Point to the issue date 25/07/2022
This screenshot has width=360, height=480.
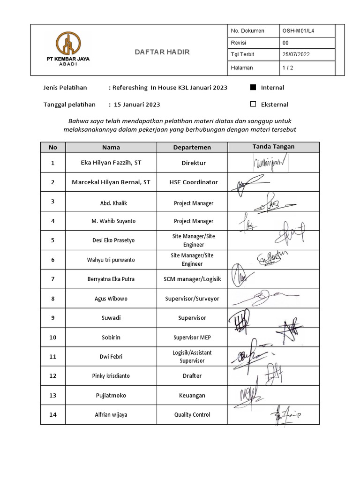pos(296,55)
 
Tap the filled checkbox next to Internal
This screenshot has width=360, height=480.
pos(253,87)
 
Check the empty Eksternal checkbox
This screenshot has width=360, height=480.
pos(253,104)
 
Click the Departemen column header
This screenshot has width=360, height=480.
pos(192,147)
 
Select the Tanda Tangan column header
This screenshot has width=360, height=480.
pos(273,147)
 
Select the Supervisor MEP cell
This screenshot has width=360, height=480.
pos(192,337)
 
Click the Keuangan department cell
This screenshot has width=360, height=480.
pos(192,395)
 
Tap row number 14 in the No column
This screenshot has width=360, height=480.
pos(53,414)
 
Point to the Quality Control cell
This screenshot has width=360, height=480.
pos(192,414)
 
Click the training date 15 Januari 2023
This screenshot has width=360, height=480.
pos(136,105)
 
